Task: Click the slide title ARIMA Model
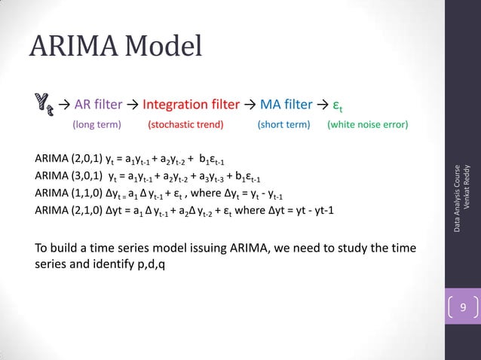pyautogui.click(x=115, y=47)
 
